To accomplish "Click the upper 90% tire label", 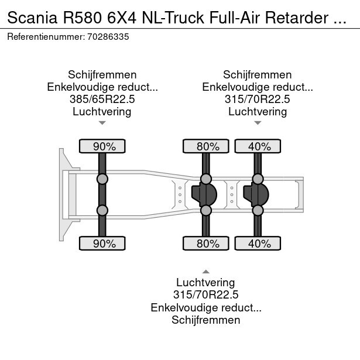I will [x=102, y=146].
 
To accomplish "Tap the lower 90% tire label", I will [x=102, y=244].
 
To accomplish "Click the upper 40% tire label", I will [x=258, y=146].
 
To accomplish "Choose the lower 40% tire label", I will [x=258, y=244].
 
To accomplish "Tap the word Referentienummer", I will [x=45, y=36].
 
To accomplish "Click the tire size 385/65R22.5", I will [x=102, y=99].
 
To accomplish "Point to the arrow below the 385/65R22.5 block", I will [x=102, y=123].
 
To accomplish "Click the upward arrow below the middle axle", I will [x=205, y=271].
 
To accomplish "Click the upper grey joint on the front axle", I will [x=102, y=179].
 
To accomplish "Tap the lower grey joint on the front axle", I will [x=102, y=210].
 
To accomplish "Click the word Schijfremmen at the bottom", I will [x=205, y=320].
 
